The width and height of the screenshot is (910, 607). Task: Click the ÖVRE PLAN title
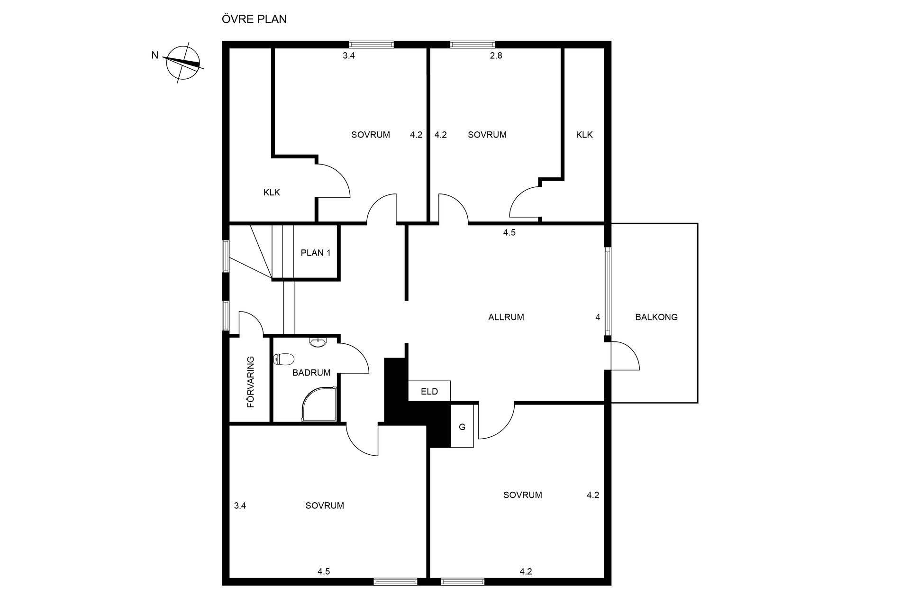point(254,19)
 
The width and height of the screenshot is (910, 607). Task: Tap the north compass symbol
point(183,63)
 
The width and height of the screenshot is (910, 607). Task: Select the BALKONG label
point(656,317)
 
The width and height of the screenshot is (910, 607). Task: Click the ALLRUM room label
point(506,317)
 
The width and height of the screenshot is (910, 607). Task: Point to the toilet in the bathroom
point(284,359)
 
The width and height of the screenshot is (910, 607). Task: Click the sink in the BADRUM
point(317,342)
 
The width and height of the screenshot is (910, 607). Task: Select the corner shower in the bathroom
point(320,405)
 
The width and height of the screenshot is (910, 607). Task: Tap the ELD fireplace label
point(429,392)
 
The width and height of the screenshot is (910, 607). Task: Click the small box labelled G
point(462,426)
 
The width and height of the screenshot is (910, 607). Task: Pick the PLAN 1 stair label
point(316,253)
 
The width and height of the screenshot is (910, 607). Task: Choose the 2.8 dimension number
point(496,55)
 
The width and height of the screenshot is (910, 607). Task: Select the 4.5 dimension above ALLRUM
point(509,232)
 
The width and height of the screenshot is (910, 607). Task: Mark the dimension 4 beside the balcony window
point(598,317)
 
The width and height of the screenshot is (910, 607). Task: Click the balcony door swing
point(626,356)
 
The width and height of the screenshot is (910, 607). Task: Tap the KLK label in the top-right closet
point(584,135)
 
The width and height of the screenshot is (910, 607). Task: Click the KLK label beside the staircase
point(272,192)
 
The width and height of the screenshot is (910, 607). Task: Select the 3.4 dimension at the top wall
point(349,55)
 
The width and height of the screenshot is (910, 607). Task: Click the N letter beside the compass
point(155,55)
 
